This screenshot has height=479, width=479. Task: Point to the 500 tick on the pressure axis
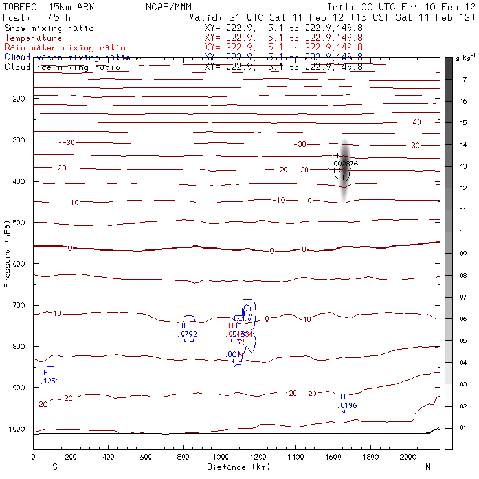[x=18, y=223]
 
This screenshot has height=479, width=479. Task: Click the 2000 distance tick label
[x=408, y=457]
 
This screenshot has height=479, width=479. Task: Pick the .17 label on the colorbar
[x=462, y=80]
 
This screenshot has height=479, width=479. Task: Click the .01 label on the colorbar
[x=462, y=428]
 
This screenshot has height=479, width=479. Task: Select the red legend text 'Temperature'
[x=33, y=38]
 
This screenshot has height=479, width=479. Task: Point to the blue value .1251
[x=50, y=381]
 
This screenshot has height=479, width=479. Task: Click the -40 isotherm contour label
[x=415, y=122]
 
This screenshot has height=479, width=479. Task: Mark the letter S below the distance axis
[x=54, y=466]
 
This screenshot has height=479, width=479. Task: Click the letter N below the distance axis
[x=427, y=466]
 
